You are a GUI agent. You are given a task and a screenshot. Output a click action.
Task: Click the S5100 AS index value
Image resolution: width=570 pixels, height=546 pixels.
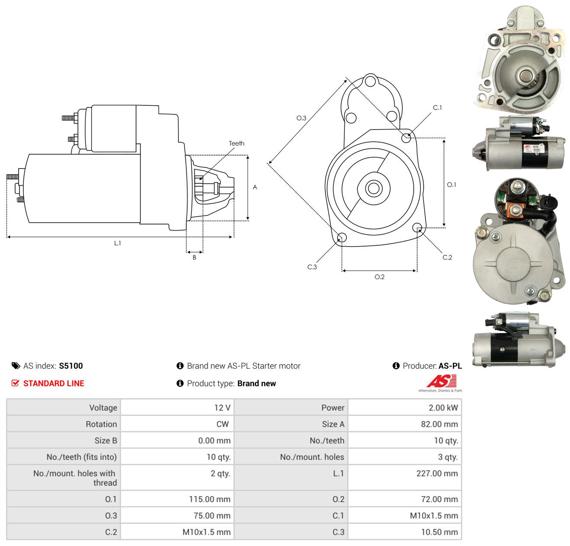71,366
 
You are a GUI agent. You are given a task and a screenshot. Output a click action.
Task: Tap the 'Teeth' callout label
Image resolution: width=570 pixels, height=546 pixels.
236,143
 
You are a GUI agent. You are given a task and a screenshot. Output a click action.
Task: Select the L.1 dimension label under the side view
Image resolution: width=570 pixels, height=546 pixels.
117,243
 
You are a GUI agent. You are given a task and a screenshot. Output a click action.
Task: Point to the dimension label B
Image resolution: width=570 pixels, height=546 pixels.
194,257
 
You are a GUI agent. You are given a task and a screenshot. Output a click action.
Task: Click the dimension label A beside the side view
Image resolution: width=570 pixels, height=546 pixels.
255,187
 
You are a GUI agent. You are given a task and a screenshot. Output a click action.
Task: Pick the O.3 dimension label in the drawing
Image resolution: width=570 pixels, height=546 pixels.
301,118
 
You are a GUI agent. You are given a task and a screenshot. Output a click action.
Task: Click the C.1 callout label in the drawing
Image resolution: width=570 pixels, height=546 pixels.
437,107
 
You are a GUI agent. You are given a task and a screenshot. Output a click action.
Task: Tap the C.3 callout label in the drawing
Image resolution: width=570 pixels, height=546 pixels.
312,267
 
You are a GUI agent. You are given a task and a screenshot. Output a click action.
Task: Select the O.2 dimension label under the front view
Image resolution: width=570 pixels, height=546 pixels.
379,276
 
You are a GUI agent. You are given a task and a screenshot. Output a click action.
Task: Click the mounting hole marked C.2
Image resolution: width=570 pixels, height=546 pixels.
417,227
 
